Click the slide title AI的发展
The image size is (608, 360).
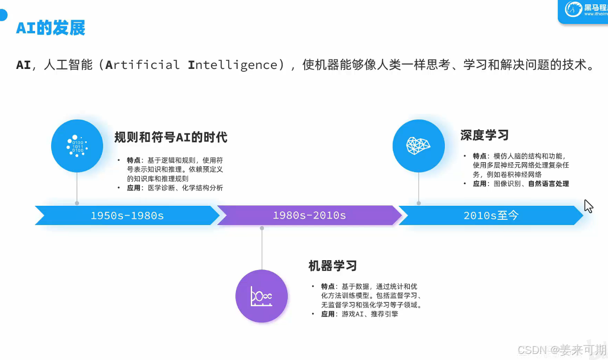[51, 28]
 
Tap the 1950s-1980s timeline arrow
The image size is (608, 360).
[127, 216]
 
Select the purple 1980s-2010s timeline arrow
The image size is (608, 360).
[309, 216]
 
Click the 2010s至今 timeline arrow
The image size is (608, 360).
[491, 216]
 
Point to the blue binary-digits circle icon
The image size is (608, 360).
[77, 146]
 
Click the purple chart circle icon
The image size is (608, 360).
[262, 296]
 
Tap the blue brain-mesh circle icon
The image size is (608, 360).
[419, 146]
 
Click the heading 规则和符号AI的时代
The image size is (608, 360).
[171, 137]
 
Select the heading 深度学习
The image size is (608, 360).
[484, 135]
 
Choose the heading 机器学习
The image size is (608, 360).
[333, 266]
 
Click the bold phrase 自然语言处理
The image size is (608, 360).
[548, 184]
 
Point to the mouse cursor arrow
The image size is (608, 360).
[588, 206]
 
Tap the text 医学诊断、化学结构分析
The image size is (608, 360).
[186, 188]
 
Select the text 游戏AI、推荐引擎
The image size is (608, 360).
[370, 314]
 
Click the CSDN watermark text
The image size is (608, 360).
[561, 350]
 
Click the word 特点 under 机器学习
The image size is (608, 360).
[328, 286]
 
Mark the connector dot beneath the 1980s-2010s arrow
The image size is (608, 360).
[262, 228]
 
